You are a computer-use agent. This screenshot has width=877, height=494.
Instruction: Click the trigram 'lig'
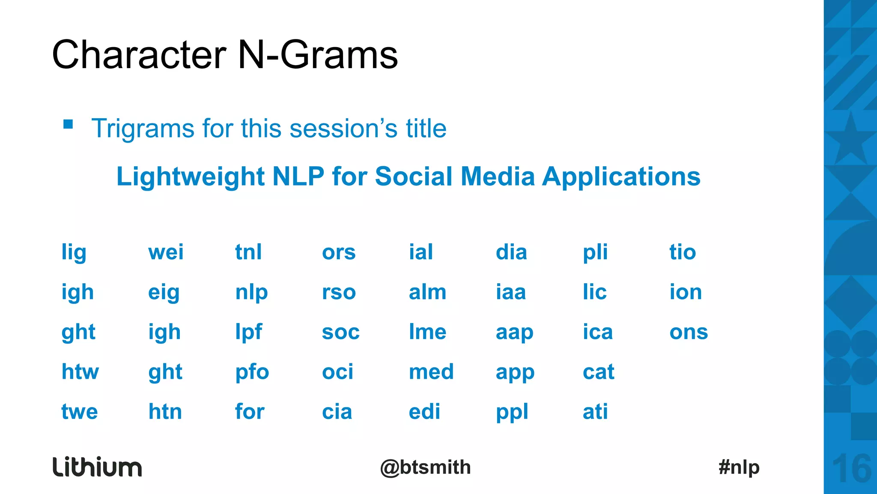pyautogui.click(x=74, y=253)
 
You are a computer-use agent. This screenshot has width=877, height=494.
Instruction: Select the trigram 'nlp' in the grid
pyautogui.click(x=251, y=293)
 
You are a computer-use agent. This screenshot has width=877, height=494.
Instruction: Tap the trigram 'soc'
pyautogui.click(x=340, y=332)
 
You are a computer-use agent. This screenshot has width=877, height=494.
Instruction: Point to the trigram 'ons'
pyautogui.click(x=689, y=332)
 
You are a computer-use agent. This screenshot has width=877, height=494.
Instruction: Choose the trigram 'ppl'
pyautogui.click(x=512, y=412)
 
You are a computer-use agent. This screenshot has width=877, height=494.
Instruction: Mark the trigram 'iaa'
pyautogui.click(x=510, y=292)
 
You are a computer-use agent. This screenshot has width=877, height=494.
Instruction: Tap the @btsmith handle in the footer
pyautogui.click(x=425, y=467)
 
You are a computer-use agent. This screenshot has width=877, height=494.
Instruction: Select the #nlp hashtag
pyautogui.click(x=739, y=467)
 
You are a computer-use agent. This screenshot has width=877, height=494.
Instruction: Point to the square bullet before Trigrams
pyautogui.click(x=68, y=124)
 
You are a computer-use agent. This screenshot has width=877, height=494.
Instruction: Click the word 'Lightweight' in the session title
pyautogui.click(x=191, y=177)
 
